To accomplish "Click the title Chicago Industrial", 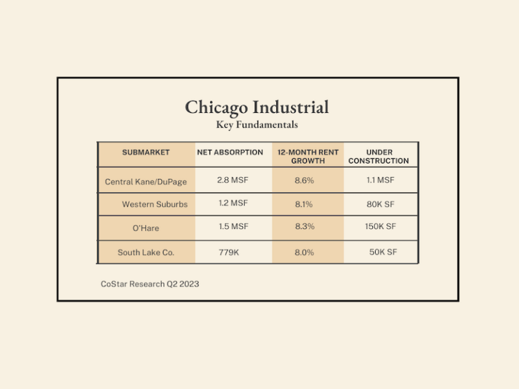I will click(257, 107).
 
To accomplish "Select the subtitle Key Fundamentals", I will click(257, 125).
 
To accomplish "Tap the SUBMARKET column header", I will click(146, 153).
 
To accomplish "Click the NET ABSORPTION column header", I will click(230, 153).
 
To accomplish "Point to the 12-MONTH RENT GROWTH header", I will click(308, 157).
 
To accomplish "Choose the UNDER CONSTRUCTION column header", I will click(378, 157).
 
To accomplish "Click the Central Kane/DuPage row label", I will click(146, 182).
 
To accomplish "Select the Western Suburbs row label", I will click(155, 204).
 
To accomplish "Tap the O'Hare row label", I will click(146, 228).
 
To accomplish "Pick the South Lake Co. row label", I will click(146, 253).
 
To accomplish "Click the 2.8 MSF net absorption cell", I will click(232, 180).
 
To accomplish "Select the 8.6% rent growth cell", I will click(305, 180).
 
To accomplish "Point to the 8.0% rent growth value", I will click(305, 252).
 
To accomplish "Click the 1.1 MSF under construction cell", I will click(380, 180).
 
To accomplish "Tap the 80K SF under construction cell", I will click(380, 203).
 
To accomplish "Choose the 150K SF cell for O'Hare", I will click(380, 227).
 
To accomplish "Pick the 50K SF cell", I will click(382, 252).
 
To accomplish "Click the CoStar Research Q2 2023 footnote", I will click(150, 284).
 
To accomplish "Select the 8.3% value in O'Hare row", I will click(305, 227).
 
